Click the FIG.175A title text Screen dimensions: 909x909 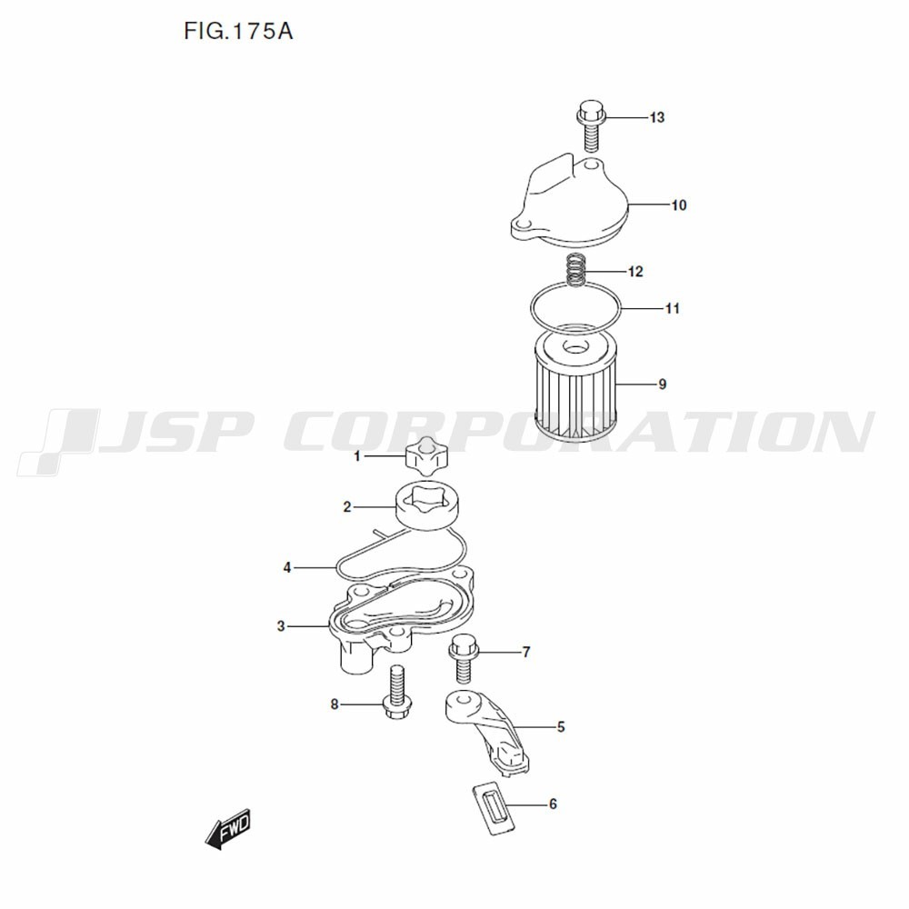[x=238, y=31]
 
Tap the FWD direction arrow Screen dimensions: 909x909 [x=228, y=828]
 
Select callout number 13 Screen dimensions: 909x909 [x=657, y=117]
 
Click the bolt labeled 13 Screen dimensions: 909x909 [x=589, y=125]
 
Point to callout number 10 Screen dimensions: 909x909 [x=679, y=205]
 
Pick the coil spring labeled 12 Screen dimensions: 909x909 [x=575, y=270]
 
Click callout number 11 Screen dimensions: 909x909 [x=672, y=308]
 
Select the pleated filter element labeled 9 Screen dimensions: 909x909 [x=574, y=384]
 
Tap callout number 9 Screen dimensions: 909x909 [x=663, y=385]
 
